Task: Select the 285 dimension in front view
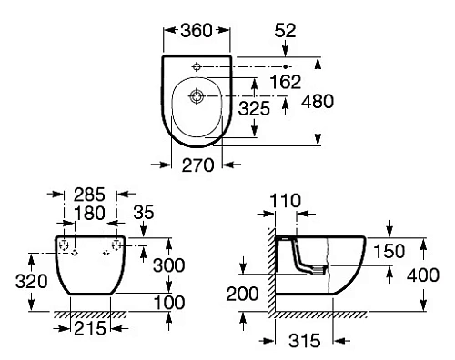click(x=89, y=194)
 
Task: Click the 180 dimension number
click(x=89, y=214)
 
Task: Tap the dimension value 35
click(x=143, y=214)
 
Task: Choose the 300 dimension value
click(x=190, y=265)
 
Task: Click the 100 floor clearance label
click(x=190, y=302)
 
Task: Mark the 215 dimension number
click(x=88, y=326)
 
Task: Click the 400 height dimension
click(x=441, y=275)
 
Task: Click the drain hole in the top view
click(x=197, y=95)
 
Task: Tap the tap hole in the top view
click(x=197, y=67)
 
